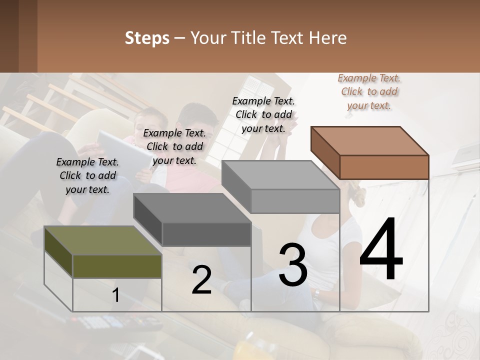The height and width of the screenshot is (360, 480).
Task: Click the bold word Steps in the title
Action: coord(147,38)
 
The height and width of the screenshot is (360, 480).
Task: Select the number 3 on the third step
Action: coord(293,264)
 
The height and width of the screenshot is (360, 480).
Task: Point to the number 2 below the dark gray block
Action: coord(201,280)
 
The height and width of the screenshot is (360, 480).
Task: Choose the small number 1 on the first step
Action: coord(115,295)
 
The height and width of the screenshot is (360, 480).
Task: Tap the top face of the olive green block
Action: coord(103,240)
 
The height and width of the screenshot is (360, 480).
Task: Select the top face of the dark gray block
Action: coord(192,208)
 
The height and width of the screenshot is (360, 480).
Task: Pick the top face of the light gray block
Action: coord(280,175)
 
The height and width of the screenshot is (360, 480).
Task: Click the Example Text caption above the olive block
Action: coord(87,175)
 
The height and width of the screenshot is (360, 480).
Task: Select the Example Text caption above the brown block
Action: coord(369,91)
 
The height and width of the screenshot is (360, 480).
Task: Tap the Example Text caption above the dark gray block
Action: coord(174,146)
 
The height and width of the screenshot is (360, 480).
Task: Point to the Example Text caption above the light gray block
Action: coord(263,114)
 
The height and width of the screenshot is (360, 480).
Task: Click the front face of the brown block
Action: coord(384,167)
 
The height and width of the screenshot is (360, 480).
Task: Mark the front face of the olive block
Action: coord(117,266)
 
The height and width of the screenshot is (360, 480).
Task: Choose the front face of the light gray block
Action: coord(295,201)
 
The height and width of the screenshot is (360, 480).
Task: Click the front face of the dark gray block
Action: coord(206,234)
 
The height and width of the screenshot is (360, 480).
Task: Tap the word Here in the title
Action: coord(327,38)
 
